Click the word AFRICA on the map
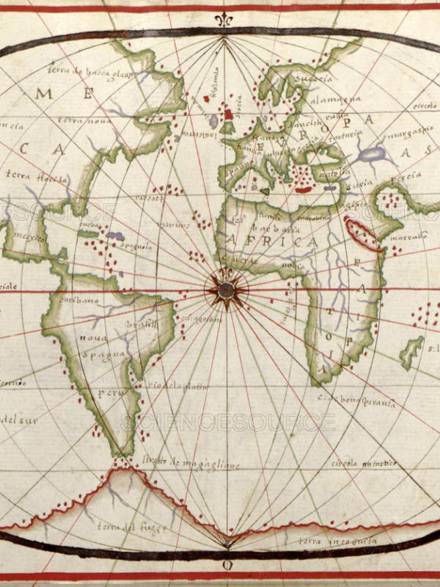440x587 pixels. pyautogui.click(x=273, y=242)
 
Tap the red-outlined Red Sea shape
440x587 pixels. pyautogui.click(x=364, y=233)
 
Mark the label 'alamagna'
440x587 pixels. pyautogui.click(x=343, y=100)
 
